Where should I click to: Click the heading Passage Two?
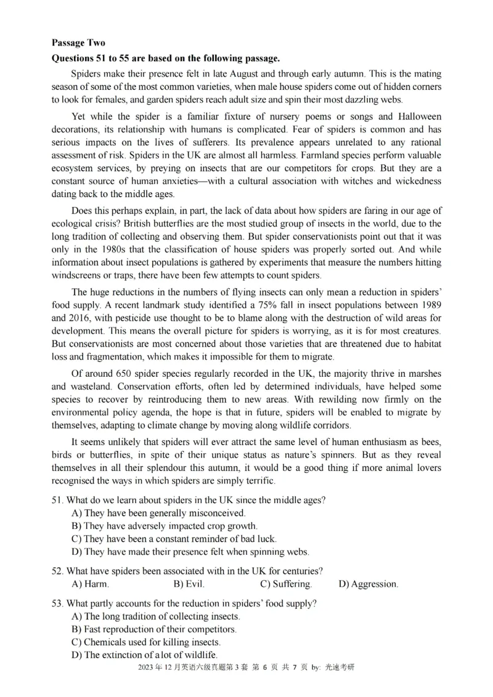point(78,43)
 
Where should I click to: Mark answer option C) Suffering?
point(285,584)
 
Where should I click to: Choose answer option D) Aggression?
point(368,584)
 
